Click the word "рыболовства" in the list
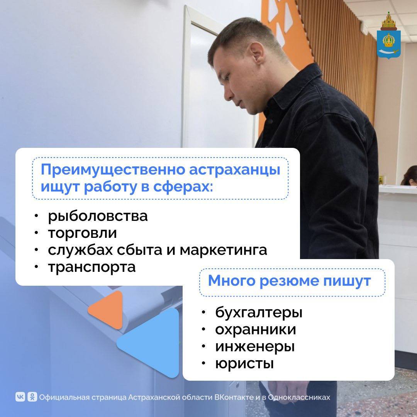point(98,216)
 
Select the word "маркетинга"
point(223,250)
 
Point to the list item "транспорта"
point(92,267)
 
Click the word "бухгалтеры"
point(259,312)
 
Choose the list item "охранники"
point(256,329)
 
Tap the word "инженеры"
point(255,347)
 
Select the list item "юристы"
point(244,364)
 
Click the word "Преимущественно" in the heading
point(113,170)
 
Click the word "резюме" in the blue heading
point(289,281)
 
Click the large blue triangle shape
point(152,343)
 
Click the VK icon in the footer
point(20,397)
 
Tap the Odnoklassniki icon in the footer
point(32,397)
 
